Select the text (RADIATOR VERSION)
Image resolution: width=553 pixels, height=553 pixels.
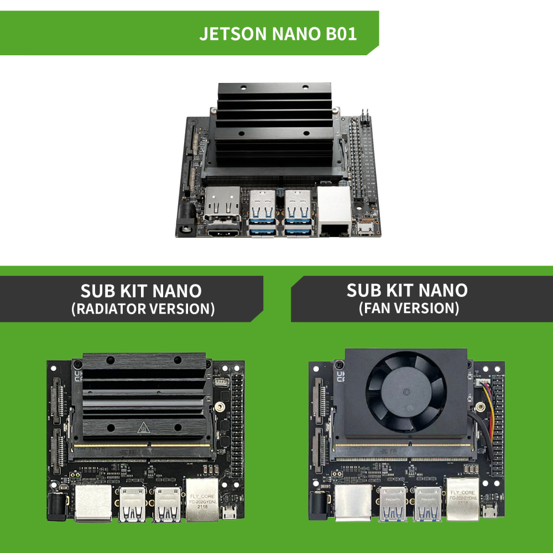pyautogui.click(x=143, y=309)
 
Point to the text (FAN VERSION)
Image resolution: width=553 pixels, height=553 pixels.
pyautogui.click(x=409, y=308)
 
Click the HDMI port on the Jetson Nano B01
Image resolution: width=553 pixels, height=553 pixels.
pyautogui.click(x=223, y=232)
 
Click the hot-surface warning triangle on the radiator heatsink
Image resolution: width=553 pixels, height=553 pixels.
pyautogui.click(x=144, y=427)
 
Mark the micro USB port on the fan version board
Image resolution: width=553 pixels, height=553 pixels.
pyautogui.click(x=488, y=512)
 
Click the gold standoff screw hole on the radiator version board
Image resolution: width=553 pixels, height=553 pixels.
pyautogui.click(x=220, y=408)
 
